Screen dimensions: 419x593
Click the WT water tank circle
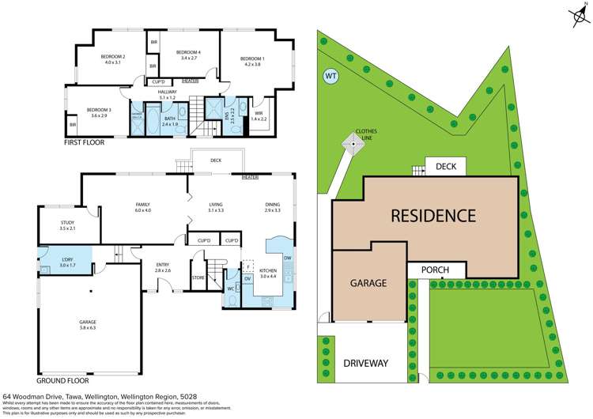coord(330,77)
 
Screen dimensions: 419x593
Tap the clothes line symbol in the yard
coord(349,143)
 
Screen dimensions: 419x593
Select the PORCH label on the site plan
coord(434,270)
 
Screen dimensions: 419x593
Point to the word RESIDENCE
coord(432,215)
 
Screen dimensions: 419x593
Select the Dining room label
coord(273,207)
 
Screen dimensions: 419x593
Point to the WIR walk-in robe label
coord(259,115)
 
